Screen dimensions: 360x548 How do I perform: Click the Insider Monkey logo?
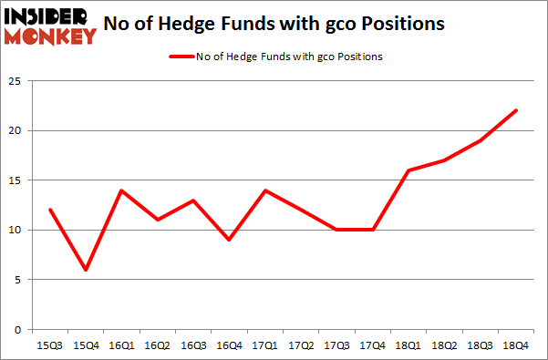51,26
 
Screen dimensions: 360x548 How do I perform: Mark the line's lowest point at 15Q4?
87,270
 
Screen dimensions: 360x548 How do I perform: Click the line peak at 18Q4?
515,111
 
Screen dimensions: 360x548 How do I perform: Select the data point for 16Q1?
122,190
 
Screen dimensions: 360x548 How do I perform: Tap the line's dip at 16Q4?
230,240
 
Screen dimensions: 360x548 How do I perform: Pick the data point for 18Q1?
408,170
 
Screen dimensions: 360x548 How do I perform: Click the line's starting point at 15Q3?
51,211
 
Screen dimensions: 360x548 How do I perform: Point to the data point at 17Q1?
265,190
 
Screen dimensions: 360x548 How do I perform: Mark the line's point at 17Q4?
373,230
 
